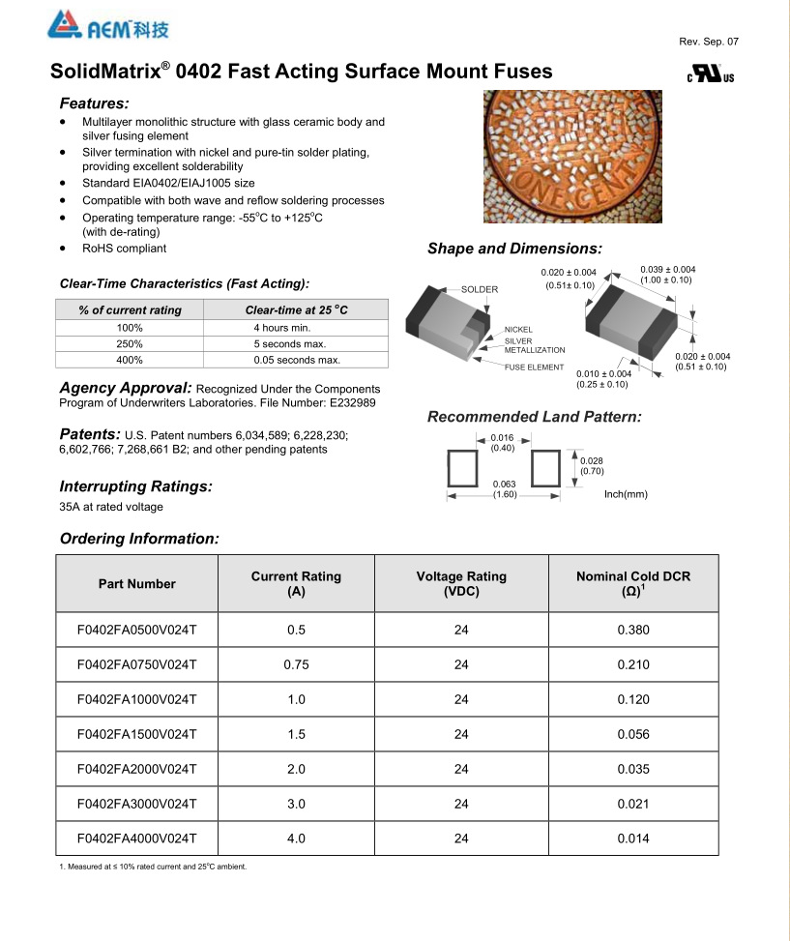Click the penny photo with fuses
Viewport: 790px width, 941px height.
pyautogui.click(x=572, y=157)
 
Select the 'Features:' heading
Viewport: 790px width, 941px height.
pyautogui.click(x=94, y=103)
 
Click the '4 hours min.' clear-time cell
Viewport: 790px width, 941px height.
pyautogui.click(x=282, y=327)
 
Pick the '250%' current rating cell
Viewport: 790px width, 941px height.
pyautogui.click(x=130, y=343)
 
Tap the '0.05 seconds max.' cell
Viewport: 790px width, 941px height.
pyautogui.click(x=297, y=360)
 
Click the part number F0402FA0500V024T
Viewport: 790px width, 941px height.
pyautogui.click(x=137, y=631)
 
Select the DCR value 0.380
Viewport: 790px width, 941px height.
pyautogui.click(x=633, y=631)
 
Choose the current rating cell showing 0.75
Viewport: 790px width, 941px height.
pyautogui.click(x=296, y=665)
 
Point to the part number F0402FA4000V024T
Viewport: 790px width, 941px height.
pyautogui.click(x=137, y=838)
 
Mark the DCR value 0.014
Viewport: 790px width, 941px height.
pyautogui.click(x=633, y=838)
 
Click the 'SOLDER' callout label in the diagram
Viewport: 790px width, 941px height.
pyautogui.click(x=480, y=289)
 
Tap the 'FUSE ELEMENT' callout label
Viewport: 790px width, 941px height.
pyautogui.click(x=534, y=368)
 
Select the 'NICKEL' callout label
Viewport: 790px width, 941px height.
pyautogui.click(x=518, y=330)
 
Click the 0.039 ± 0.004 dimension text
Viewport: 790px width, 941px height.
pyautogui.click(x=667, y=269)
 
